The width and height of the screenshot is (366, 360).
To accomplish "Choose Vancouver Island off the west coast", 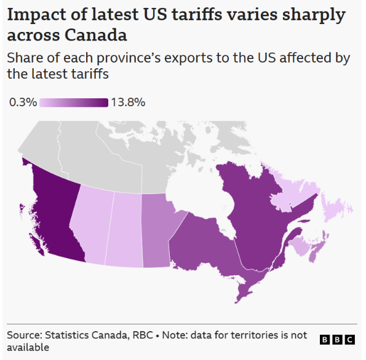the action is coord(38,245).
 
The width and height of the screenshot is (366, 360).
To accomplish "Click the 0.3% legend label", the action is coord(23,103).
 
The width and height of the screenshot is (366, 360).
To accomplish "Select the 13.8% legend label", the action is coord(128,103).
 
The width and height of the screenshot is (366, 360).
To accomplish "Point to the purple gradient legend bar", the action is coord(74,103).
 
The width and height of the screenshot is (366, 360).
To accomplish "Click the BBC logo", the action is coord(337,340).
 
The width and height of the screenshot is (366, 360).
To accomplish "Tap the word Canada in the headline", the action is coord(96,35).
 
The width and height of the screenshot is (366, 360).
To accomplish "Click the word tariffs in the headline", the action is coord(197,15).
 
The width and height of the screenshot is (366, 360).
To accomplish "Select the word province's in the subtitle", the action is coord(129,58).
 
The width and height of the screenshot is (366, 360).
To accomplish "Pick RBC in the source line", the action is coord(143,335).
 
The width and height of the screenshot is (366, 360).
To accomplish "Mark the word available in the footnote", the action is coord(28,348).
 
